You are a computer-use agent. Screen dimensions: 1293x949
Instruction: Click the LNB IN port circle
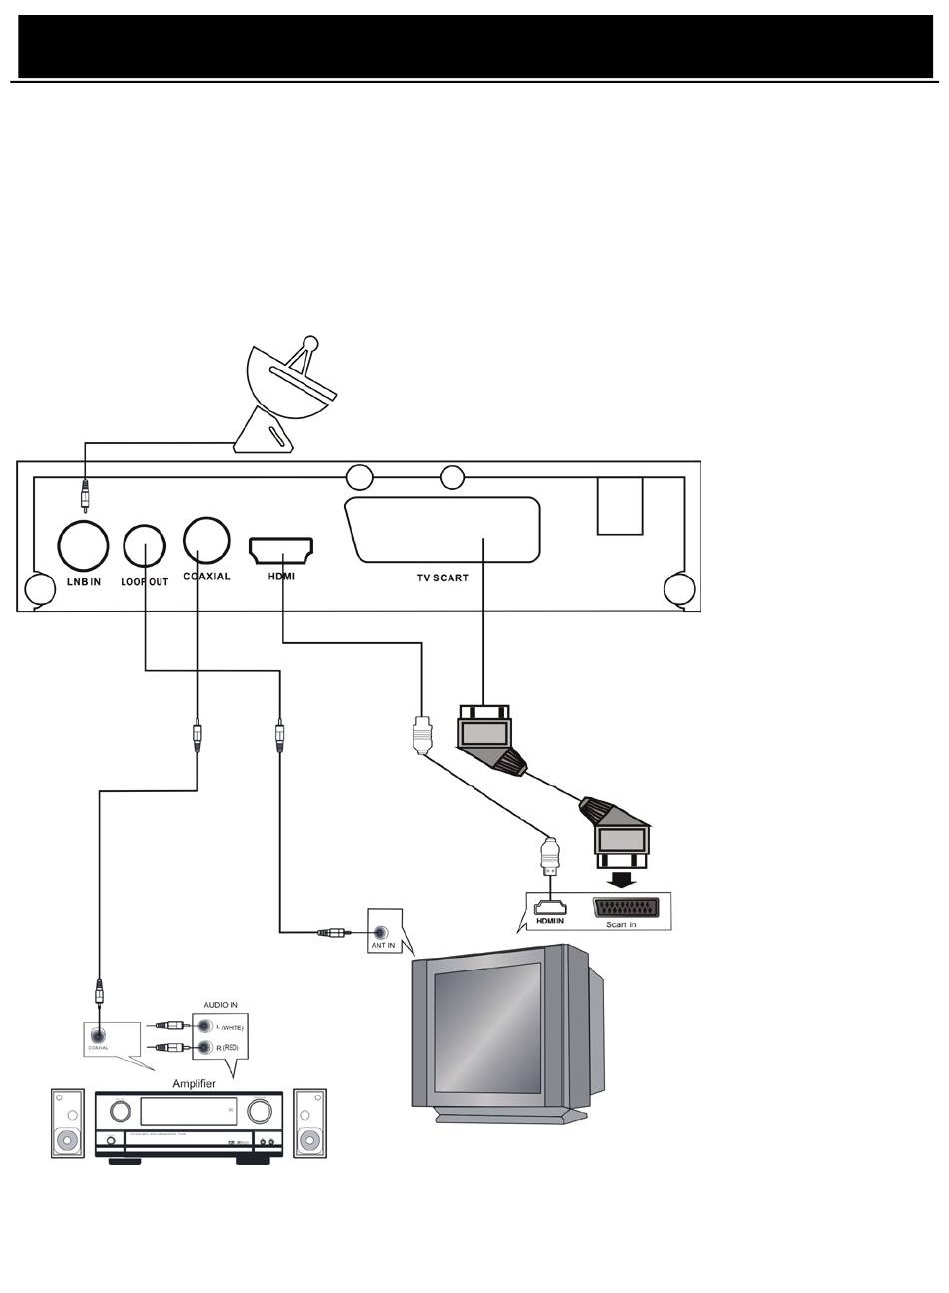[x=84, y=544]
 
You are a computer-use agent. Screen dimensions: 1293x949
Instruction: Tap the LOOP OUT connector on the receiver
[x=146, y=545]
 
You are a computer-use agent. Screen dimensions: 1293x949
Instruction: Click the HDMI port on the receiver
[x=281, y=549]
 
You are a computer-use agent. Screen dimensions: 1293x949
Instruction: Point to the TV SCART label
[x=442, y=578]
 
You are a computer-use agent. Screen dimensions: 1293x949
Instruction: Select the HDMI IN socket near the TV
[x=549, y=908]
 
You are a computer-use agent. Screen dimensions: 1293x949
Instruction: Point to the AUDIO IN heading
[x=220, y=1005]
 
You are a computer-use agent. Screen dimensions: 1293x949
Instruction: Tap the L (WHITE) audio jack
[x=204, y=1025]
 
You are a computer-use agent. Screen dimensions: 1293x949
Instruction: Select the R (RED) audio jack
[x=204, y=1048]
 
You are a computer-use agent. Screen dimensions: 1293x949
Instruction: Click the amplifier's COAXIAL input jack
[x=98, y=1036]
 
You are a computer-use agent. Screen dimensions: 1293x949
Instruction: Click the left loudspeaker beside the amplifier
[x=67, y=1123]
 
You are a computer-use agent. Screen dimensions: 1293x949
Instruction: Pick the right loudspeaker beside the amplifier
[x=310, y=1123]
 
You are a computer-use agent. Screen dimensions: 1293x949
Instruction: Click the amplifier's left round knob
[x=121, y=1111]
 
